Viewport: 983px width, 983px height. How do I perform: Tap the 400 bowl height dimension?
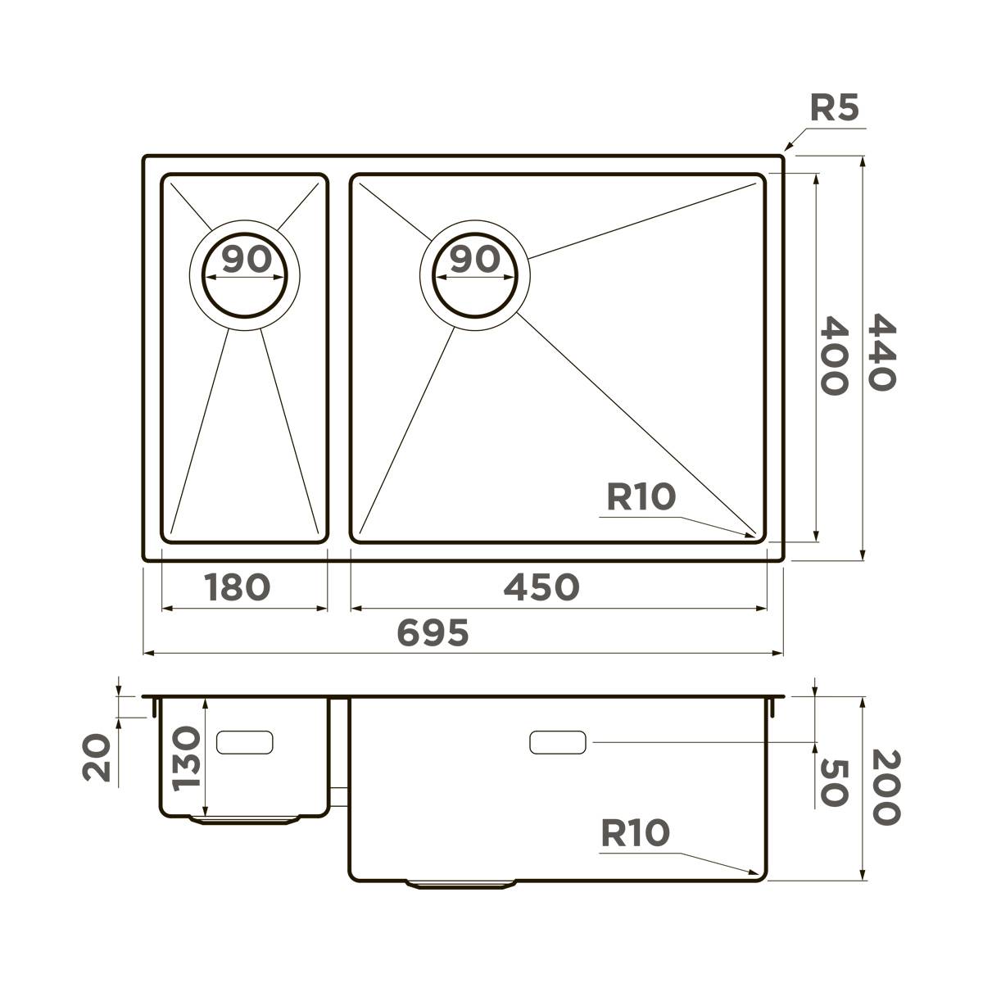pyautogui.click(x=834, y=356)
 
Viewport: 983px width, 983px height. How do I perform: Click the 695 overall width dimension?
pyautogui.click(x=433, y=632)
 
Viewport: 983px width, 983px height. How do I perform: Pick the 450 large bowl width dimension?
pyautogui.click(x=541, y=587)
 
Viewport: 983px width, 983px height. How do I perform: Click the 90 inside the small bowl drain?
pyautogui.click(x=246, y=260)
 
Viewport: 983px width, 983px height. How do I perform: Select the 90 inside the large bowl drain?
pyautogui.click(x=475, y=260)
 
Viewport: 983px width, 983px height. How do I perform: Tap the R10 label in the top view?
pyautogui.click(x=641, y=496)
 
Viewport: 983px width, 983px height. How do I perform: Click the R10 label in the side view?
pyautogui.click(x=635, y=834)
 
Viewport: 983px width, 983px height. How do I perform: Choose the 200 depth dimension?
pyautogui.click(x=886, y=787)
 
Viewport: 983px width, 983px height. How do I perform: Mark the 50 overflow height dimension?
pyautogui.click(x=832, y=783)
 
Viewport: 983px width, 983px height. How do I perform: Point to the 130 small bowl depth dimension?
pyautogui.click(x=187, y=757)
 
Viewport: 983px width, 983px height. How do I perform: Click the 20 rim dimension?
pyautogui.click(x=97, y=757)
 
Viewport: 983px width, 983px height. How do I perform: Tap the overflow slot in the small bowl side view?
pyautogui.click(x=244, y=742)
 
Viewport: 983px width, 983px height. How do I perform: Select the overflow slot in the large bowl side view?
pyautogui.click(x=558, y=743)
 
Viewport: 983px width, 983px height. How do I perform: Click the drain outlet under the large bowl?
pyautogui.click(x=461, y=884)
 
